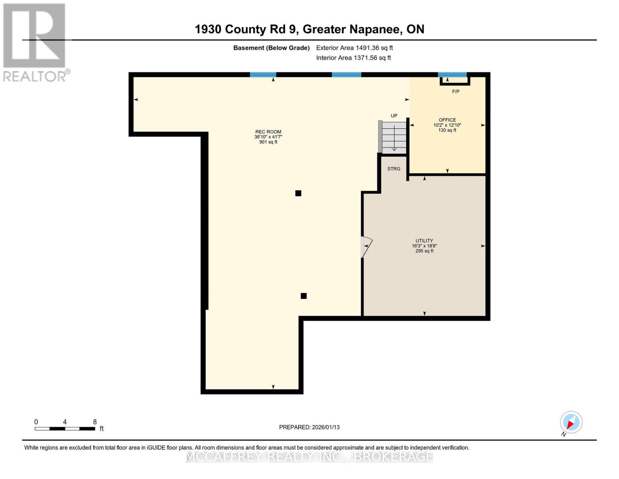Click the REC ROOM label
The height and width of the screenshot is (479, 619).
tap(268, 132)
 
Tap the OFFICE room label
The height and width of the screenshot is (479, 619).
tap(447, 120)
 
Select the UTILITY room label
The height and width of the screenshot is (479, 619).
tap(424, 241)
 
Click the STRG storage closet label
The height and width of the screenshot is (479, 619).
tap(394, 169)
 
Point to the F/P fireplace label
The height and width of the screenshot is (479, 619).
tap(456, 91)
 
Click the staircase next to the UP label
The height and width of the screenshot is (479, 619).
tap(394, 137)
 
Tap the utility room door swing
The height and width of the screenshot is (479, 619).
tap(366, 247)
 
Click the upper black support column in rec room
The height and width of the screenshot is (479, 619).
tap(298, 193)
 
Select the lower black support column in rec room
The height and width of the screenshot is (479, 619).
tap(304, 296)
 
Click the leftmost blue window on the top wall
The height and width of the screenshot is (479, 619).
tap(263, 75)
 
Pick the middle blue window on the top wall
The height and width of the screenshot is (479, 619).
tap(346, 75)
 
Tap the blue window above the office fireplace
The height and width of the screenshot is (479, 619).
tap(452, 75)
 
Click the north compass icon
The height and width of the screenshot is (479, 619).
tap(571, 422)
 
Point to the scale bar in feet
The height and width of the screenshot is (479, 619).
tap(65, 428)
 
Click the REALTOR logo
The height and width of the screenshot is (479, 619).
tap(35, 42)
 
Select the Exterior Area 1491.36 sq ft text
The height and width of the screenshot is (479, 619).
tap(354, 48)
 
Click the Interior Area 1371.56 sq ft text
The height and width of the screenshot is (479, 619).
tap(354, 58)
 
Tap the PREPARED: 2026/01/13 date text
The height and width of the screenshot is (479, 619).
tap(309, 427)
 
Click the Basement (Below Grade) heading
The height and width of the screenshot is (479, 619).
tap(271, 48)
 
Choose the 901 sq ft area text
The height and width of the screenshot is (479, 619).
tap(268, 142)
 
